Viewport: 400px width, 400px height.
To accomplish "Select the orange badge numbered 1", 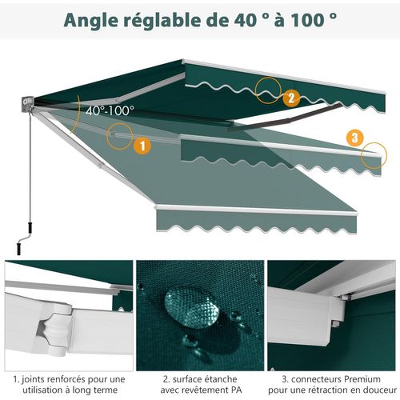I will pos(142,146).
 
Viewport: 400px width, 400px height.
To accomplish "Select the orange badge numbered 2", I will pos(292,98).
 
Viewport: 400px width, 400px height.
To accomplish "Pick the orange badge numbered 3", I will pos(355,137).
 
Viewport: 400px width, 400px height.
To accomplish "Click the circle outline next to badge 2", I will pos(268,90).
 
